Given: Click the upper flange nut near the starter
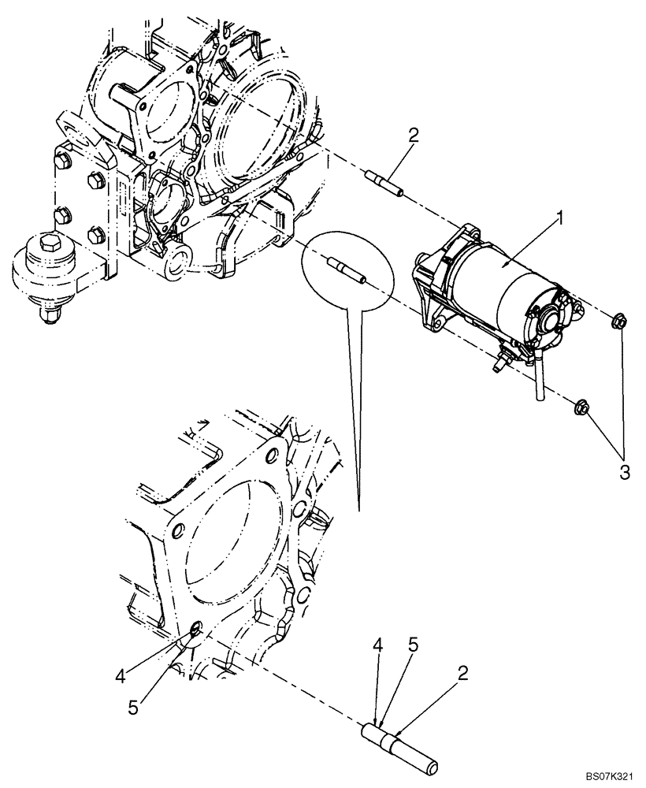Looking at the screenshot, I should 619,321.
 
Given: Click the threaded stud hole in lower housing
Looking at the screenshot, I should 195,630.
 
